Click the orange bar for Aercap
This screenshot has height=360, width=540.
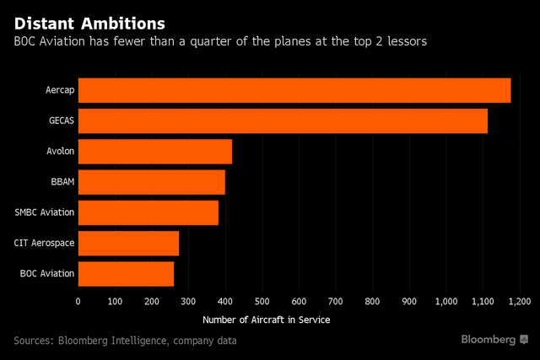pyautogui.click(x=294, y=90)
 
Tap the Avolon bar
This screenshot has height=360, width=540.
pyautogui.click(x=154, y=152)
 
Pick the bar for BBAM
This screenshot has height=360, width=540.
pyautogui.click(x=151, y=182)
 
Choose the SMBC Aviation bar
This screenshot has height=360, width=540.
pyautogui.click(x=148, y=212)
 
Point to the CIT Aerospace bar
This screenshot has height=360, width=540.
pyautogui.click(x=128, y=243)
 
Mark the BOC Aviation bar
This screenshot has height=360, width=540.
pyautogui.click(x=126, y=273)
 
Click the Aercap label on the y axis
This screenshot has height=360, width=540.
pyautogui.click(x=61, y=90)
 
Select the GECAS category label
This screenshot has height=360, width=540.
pyautogui.click(x=61, y=121)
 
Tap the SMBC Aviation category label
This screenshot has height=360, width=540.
pyautogui.click(x=45, y=212)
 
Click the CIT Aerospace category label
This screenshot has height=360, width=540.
pyautogui.click(x=46, y=243)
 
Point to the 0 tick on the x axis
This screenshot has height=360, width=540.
pyautogui.click(x=78, y=301)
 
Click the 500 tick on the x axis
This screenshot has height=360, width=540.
pyautogui.click(x=262, y=301)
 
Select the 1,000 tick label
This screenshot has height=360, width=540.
pyautogui.click(x=445, y=301)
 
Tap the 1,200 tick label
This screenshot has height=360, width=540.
pyautogui.click(x=518, y=301)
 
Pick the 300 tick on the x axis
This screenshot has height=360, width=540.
pyautogui.click(x=188, y=301)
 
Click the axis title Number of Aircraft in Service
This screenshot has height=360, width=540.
pyautogui.click(x=266, y=320)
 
